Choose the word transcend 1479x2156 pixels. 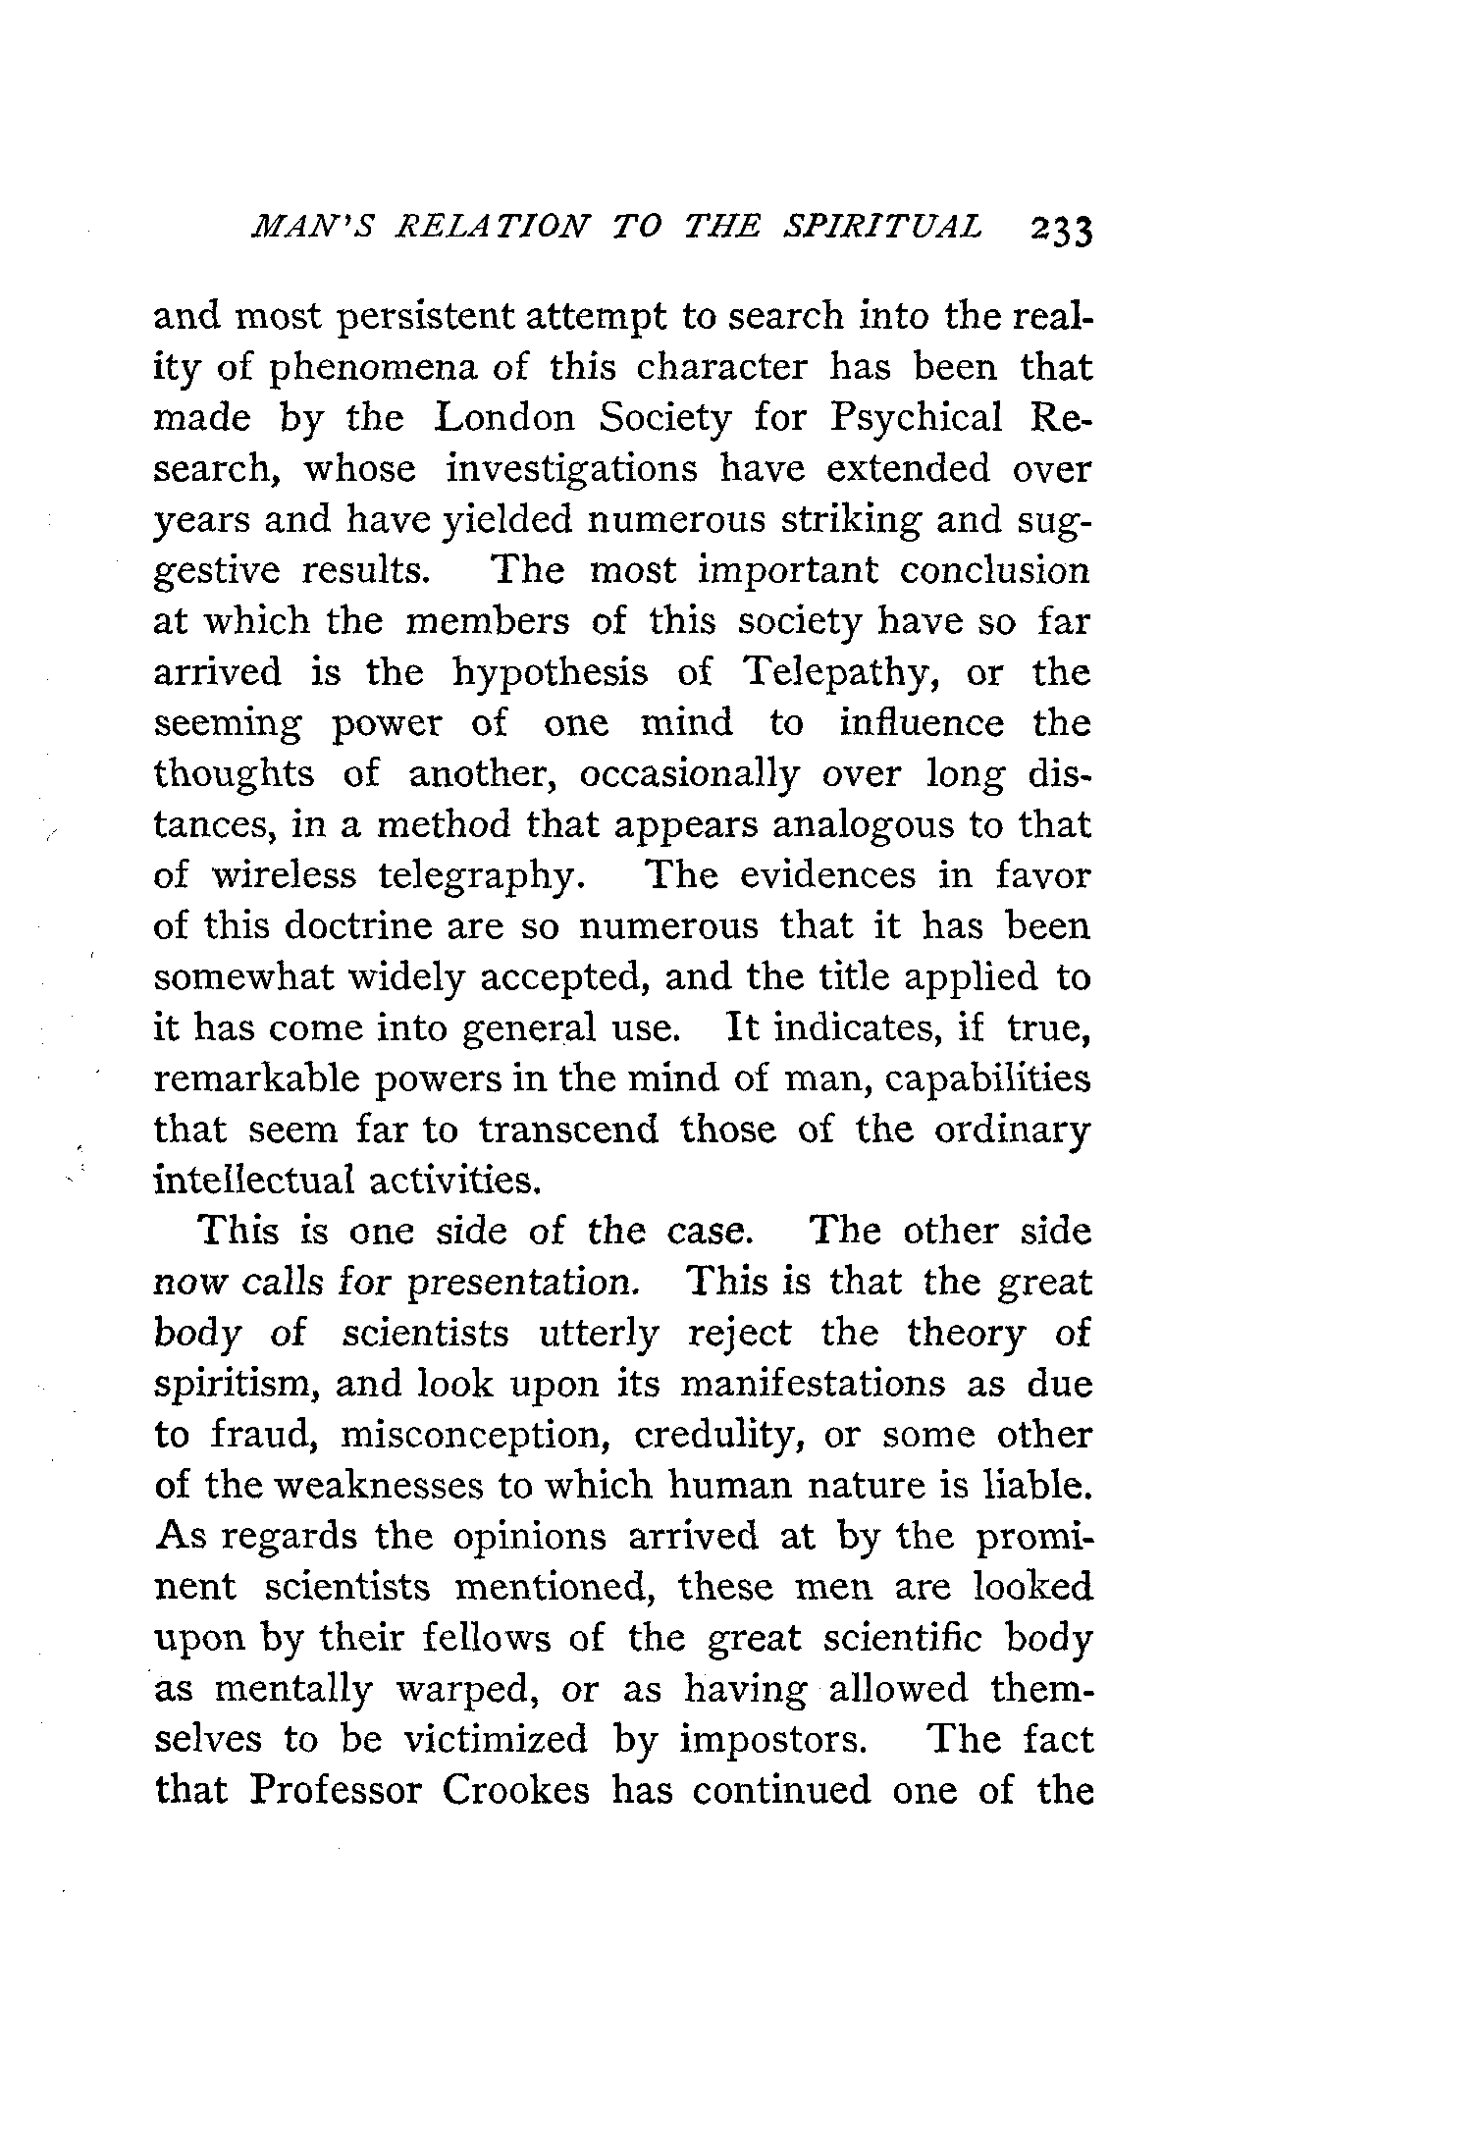tap(568, 1131)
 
